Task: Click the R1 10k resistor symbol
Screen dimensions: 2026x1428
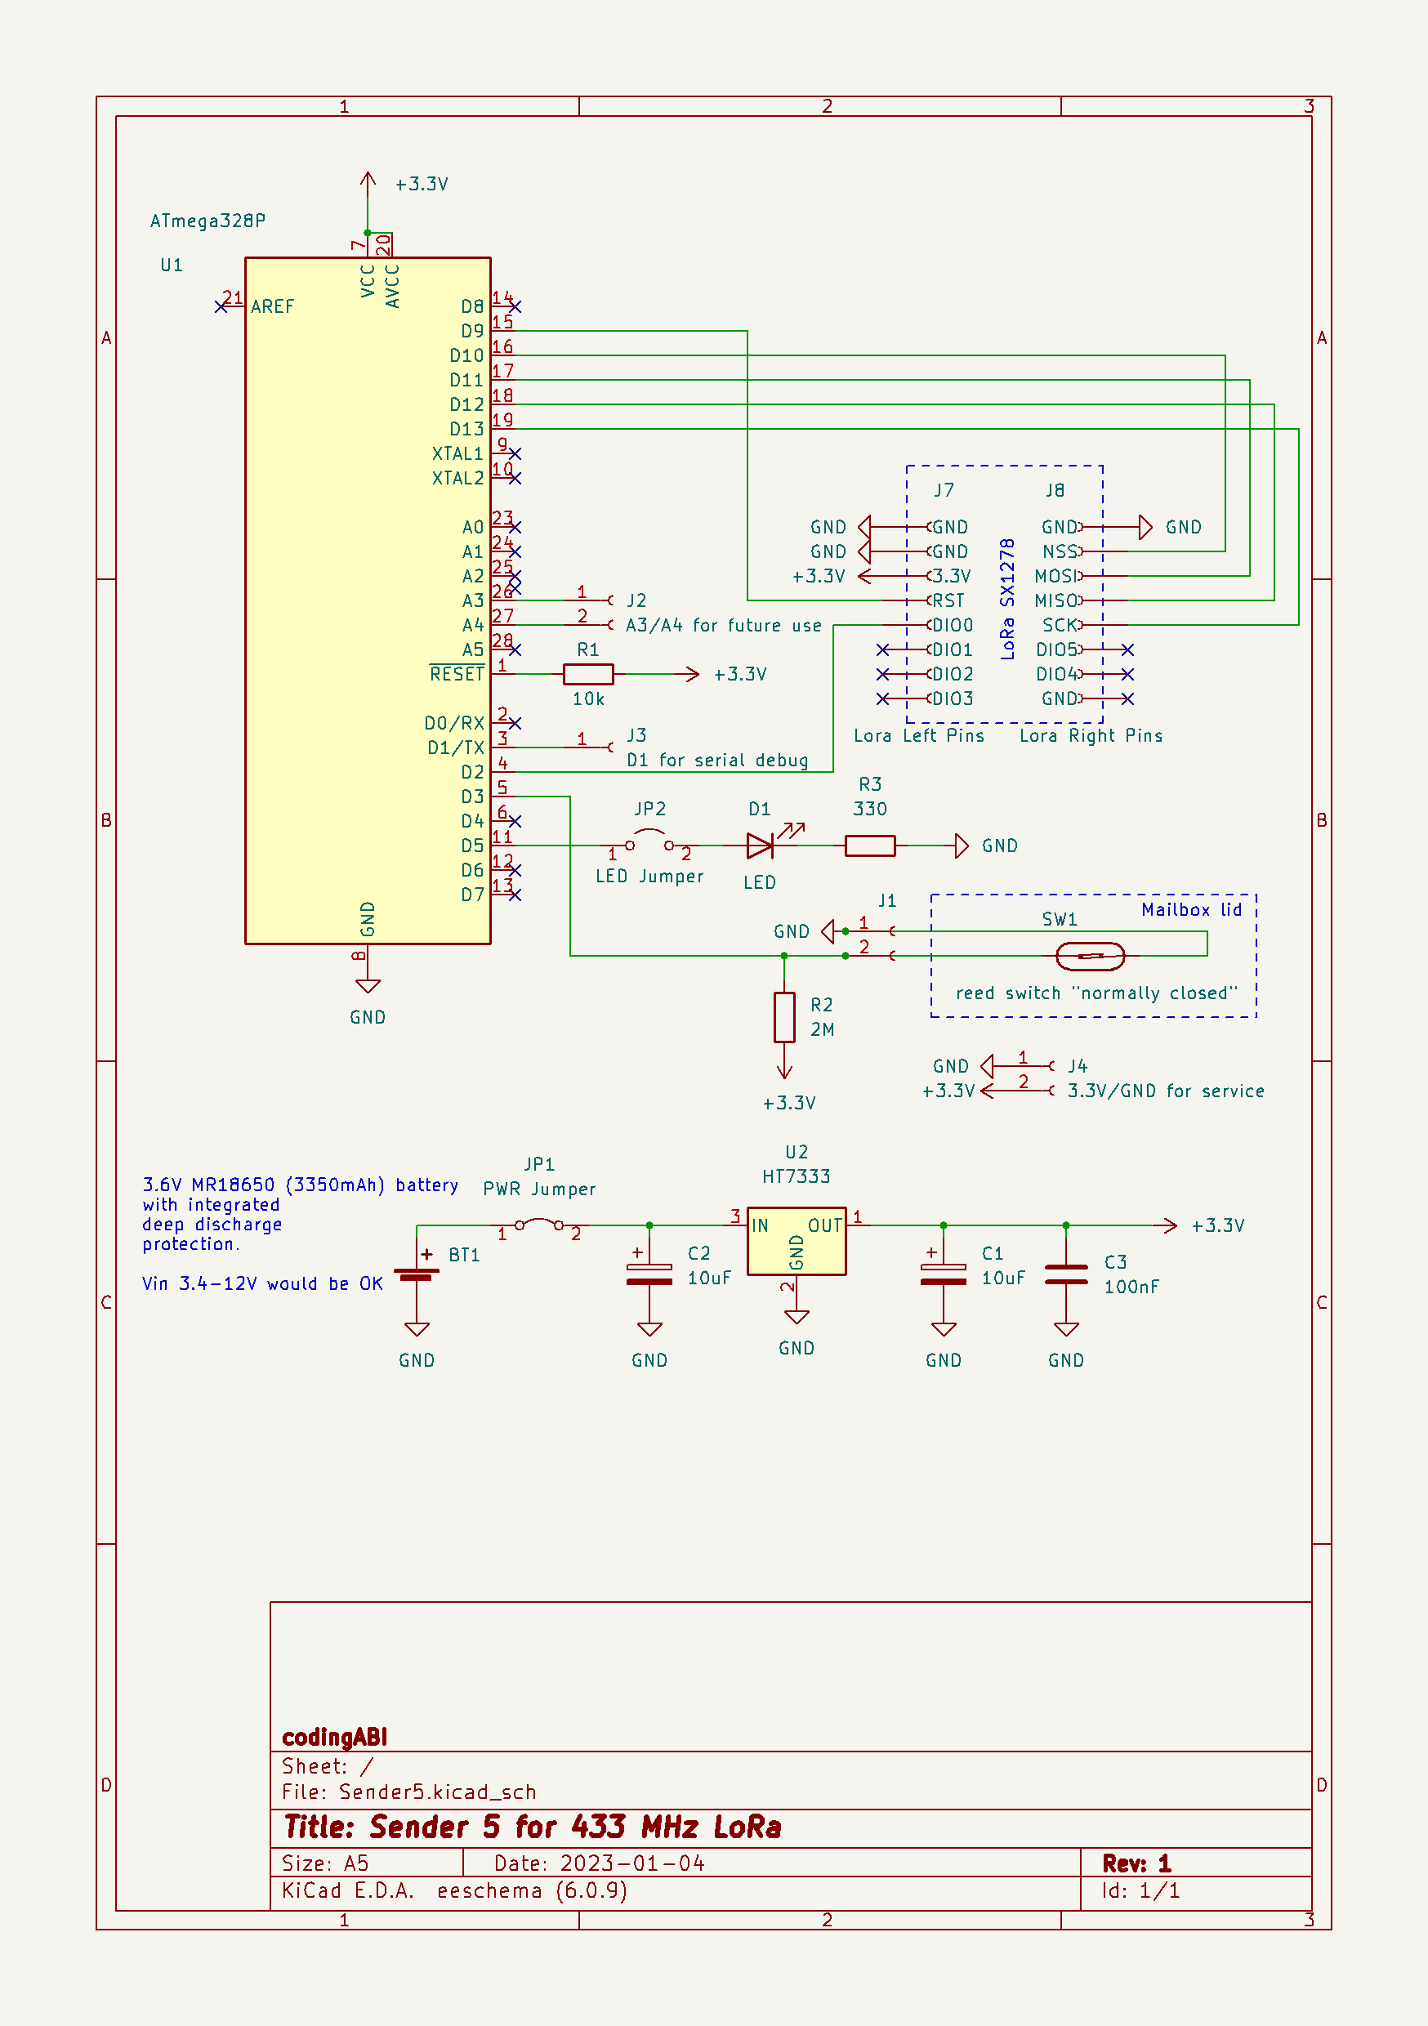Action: [588, 674]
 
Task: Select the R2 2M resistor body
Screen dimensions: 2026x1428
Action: [783, 1017]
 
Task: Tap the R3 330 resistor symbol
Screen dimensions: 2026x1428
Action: [869, 846]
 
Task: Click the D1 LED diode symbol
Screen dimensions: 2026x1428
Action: [760, 846]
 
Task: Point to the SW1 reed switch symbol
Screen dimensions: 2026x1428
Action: [1090, 956]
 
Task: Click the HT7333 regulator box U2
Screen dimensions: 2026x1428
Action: [796, 1241]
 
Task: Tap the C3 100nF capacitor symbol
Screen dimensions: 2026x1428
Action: [1065, 1274]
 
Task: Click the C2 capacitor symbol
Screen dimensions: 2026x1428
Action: [649, 1274]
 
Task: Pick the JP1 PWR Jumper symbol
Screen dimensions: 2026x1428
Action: [539, 1224]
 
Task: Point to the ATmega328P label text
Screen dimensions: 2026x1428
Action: [208, 221]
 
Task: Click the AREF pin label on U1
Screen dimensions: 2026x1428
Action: [272, 306]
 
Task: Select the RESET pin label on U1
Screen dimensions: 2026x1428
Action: [457, 674]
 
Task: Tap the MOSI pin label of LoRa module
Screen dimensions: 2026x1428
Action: [1055, 576]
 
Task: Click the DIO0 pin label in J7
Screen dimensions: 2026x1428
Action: [953, 625]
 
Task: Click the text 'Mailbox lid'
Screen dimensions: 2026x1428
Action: [1190, 910]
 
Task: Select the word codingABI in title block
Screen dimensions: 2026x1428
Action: [334, 1737]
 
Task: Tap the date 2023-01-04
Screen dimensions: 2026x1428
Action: [632, 1863]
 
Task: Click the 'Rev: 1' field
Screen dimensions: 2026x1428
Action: [1136, 1863]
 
